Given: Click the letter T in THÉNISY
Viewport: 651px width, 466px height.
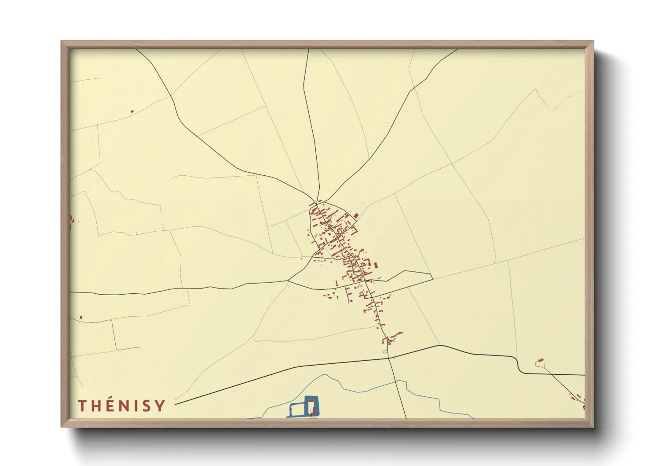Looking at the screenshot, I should [x=82, y=405].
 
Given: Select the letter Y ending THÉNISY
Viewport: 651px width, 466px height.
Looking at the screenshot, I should [x=160, y=405].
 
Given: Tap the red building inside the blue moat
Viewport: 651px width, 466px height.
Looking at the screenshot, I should [x=311, y=406].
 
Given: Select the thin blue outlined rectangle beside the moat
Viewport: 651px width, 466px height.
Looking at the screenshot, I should [x=296, y=410].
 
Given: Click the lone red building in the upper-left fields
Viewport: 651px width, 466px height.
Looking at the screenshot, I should [x=132, y=111].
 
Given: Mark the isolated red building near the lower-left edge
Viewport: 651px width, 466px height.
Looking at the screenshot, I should [x=81, y=317].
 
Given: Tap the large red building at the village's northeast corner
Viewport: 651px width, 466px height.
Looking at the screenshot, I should [x=356, y=215].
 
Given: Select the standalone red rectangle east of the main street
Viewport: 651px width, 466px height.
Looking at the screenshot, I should [x=377, y=265].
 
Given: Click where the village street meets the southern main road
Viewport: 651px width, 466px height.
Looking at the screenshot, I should [x=388, y=358].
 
